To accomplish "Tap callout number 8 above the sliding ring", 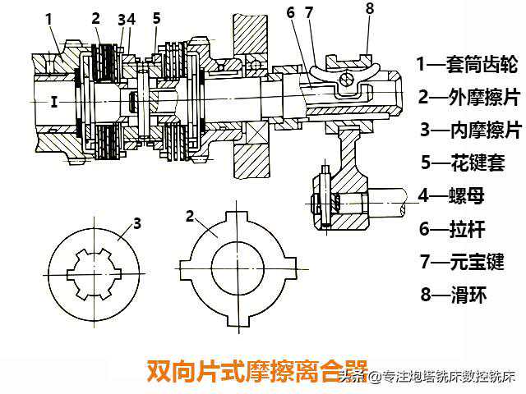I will tap(369, 9).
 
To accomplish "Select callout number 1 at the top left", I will tap(49, 16).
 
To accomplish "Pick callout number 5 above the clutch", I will tap(157, 16).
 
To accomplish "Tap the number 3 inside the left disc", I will tap(137, 222).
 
